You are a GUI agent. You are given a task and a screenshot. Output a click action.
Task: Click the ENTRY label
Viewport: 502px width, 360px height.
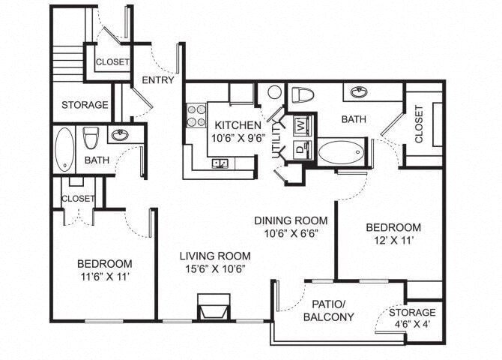pos(157,79)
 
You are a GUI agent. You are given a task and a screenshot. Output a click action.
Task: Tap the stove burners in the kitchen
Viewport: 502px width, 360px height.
pos(196,115)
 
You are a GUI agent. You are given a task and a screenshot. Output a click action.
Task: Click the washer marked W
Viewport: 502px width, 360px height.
pos(301,124)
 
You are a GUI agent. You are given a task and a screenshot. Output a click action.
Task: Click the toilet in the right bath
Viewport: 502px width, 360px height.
pos(302,95)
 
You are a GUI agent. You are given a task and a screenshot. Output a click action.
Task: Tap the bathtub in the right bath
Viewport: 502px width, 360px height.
pos(341,152)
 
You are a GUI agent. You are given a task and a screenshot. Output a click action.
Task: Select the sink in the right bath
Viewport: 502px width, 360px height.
pos(359,92)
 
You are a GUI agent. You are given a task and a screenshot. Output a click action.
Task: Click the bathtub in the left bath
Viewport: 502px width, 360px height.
pos(65,148)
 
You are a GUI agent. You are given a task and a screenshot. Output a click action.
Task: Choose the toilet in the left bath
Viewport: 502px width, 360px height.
pos(91,138)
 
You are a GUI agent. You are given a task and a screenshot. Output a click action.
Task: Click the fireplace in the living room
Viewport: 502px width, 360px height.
pos(213,307)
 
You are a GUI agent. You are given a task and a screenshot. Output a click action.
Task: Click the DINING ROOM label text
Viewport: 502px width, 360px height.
pos(291,220)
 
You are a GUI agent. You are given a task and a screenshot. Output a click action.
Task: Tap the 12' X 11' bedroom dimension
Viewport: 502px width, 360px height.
pos(393,242)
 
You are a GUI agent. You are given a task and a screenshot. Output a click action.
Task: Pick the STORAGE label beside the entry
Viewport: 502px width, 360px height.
pos(85,105)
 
